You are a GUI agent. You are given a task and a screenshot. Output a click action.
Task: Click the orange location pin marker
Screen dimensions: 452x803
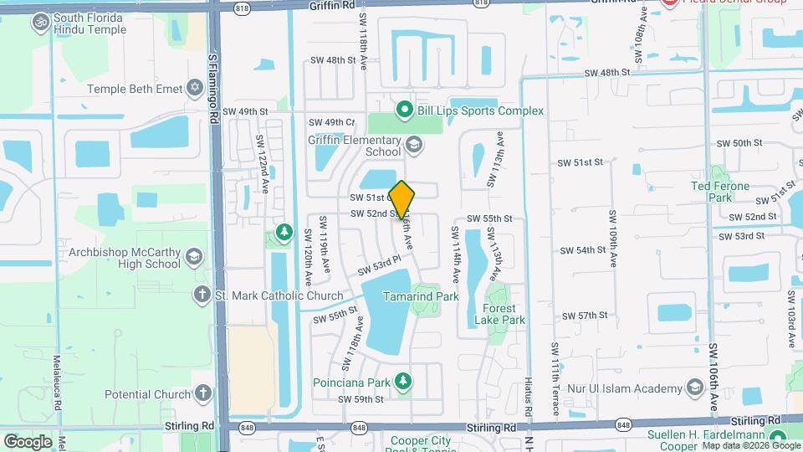pyautogui.click(x=402, y=199)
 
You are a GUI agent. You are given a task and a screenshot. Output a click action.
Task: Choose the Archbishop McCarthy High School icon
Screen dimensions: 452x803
pyautogui.click(x=194, y=257)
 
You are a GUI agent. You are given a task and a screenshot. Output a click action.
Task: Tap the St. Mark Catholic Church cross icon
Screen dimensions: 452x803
pyautogui.click(x=202, y=295)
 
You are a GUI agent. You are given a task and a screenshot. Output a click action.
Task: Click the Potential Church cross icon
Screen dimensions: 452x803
pyautogui.click(x=203, y=393)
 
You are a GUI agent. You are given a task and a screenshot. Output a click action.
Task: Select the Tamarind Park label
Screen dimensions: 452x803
pyautogui.click(x=422, y=296)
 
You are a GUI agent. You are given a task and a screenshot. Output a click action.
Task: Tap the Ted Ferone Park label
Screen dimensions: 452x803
pyautogui.click(x=711, y=192)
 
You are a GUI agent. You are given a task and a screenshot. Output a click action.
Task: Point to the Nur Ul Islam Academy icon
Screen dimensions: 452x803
pyautogui.click(x=694, y=388)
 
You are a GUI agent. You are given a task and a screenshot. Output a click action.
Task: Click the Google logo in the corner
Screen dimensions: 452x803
pyautogui.click(x=28, y=441)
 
